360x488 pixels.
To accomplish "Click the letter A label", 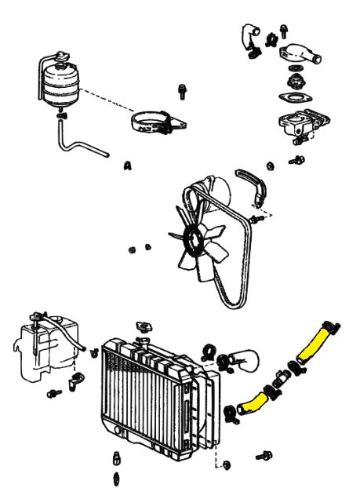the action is coord(128,166).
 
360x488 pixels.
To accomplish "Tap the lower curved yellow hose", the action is coord(253,402).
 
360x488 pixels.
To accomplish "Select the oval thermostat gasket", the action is coord(295,98).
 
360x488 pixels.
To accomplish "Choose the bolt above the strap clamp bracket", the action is coord(182,91).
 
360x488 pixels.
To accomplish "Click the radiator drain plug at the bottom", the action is coord(116,458).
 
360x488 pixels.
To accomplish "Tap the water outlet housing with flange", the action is coord(300,54).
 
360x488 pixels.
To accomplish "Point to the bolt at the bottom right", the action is coord(264,456).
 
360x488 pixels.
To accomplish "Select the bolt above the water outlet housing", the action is coord(283,31).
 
